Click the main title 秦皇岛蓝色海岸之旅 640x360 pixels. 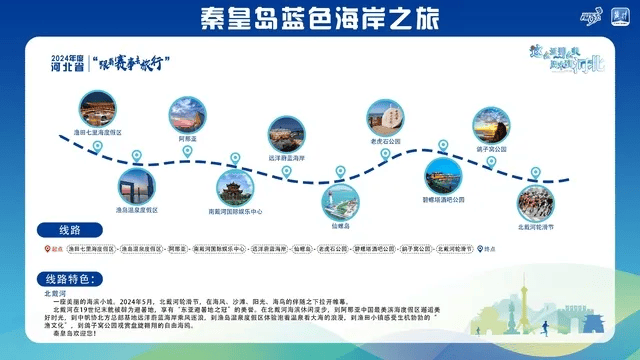pyautogui.click(x=319, y=17)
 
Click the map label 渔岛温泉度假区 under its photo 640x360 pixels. pyautogui.click(x=137, y=210)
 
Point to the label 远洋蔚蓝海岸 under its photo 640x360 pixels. pyautogui.click(x=286, y=157)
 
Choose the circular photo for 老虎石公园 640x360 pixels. pyautogui.click(x=384, y=116)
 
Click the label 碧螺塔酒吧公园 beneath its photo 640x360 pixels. pyautogui.click(x=437, y=199)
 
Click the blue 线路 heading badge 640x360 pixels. pyautogui.click(x=71, y=229)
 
